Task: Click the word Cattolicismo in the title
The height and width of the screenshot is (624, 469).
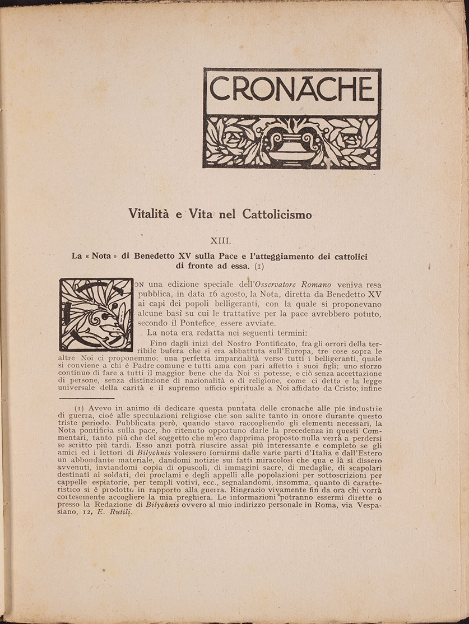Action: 277,214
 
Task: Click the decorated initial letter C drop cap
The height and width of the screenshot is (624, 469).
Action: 96,315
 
